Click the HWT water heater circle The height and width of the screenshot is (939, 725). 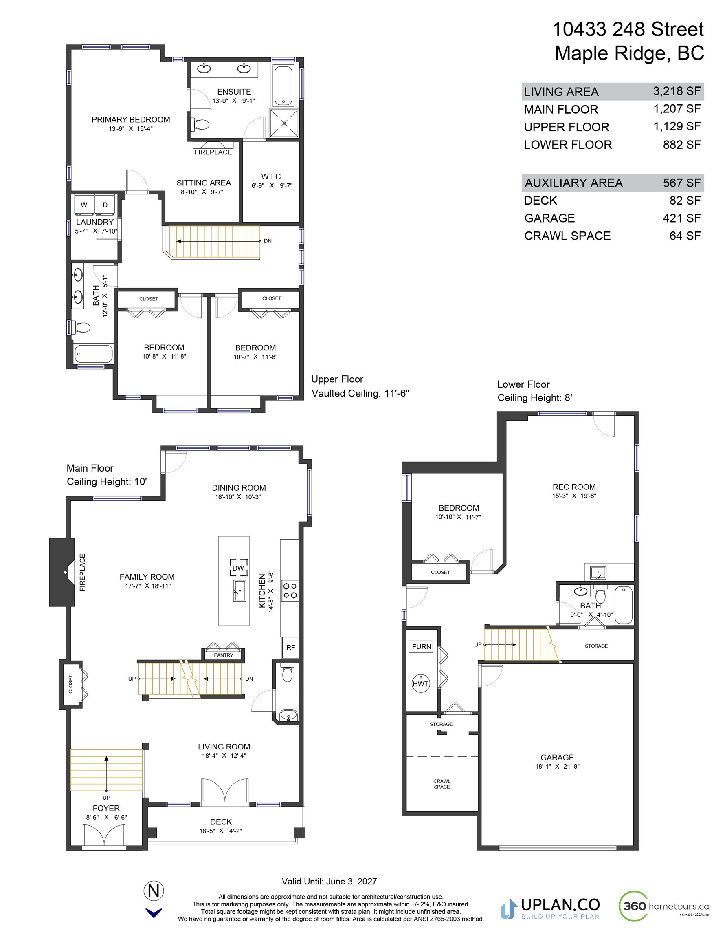[x=420, y=683]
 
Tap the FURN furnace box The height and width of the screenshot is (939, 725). [x=422, y=647]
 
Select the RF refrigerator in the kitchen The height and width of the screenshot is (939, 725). [x=290, y=648]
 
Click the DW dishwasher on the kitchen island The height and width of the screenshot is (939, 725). [x=239, y=568]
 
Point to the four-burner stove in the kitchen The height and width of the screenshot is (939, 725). [x=289, y=590]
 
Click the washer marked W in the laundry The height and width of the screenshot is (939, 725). [x=84, y=205]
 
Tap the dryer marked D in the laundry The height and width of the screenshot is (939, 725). [x=105, y=205]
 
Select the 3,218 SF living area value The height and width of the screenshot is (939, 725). [x=677, y=91]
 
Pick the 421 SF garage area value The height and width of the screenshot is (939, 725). [x=681, y=218]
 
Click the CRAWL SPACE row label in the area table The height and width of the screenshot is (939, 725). [x=567, y=236]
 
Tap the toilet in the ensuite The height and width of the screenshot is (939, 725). [x=200, y=124]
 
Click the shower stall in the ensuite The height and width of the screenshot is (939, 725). [x=284, y=123]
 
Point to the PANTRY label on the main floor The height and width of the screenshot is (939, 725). [x=224, y=655]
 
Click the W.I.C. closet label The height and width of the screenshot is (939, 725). [x=272, y=176]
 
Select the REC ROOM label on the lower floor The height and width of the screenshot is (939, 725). [x=574, y=487]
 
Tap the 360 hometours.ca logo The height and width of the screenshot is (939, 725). [x=663, y=906]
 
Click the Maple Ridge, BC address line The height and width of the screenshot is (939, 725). [x=629, y=53]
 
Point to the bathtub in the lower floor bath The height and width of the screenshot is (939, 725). [x=624, y=604]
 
